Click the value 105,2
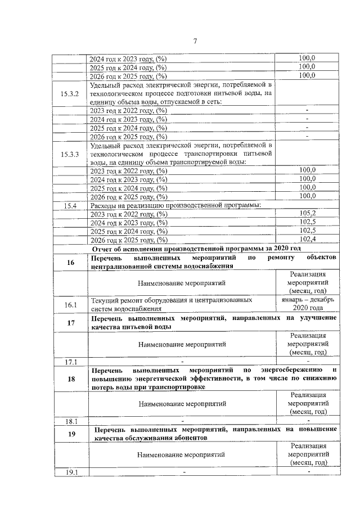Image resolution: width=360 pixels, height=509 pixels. coord(307,213)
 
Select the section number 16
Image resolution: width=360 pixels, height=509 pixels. coord(70,262)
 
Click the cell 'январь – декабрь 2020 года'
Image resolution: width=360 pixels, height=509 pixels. coord(307,304)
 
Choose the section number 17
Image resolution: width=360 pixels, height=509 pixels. coord(70,322)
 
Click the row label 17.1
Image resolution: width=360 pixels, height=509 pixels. coord(70,362)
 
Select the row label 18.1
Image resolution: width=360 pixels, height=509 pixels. coord(70,421)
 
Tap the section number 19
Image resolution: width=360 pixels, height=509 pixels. coord(70,434)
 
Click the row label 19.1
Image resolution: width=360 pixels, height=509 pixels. coord(70,472)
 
